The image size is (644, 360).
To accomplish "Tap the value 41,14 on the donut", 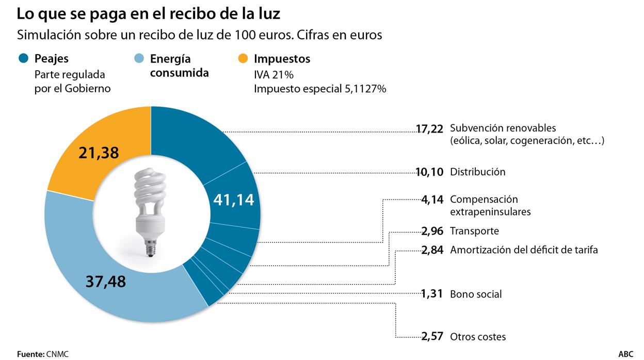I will click(234, 200).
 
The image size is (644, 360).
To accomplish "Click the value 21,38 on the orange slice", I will click(99, 153).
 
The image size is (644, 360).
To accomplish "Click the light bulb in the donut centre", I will click(151, 206).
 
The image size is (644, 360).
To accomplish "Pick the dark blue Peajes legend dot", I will click(24, 59).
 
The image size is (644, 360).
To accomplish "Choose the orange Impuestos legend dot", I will click(243, 59).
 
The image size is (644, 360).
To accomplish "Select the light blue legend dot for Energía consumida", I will click(139, 59).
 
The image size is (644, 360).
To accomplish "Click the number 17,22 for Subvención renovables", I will click(429, 128).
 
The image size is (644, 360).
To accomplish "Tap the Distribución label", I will click(477, 172).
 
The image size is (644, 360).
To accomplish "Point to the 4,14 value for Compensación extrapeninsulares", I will click(432, 200).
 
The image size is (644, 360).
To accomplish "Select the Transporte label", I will click(474, 231).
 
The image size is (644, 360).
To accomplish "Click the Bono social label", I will click(476, 294).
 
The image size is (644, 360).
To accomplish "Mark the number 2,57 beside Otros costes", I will click(432, 337).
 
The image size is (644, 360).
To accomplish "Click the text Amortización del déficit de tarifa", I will click(524, 250).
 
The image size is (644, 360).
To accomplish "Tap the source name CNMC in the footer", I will click(57, 354).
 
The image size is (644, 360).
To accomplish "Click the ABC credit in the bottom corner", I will click(626, 354).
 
